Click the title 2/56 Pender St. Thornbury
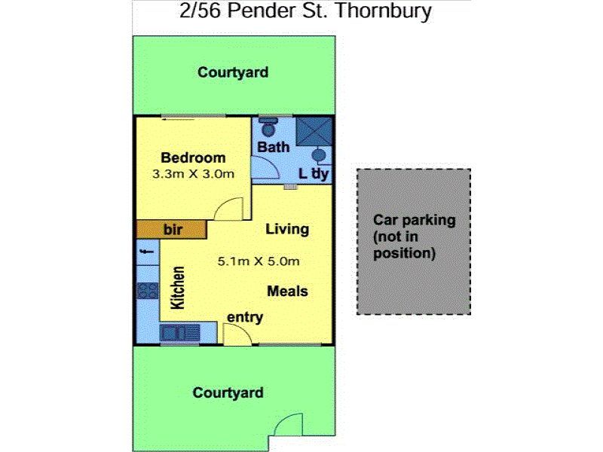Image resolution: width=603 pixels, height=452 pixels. point(305,11)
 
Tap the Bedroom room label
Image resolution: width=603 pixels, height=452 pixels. point(193,157)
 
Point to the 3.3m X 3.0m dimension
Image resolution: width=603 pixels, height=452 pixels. point(193,174)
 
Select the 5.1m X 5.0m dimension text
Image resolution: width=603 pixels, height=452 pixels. point(259,261)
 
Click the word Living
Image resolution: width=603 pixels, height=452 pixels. point(287,229)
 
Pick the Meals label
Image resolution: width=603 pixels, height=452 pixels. point(287,291)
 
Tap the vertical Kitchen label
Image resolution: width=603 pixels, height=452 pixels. point(178,288)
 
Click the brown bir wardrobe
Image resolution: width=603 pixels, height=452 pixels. point(172,230)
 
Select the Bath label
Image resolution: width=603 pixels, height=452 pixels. point(273,147)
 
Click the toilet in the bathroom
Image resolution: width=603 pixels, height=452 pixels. point(268,127)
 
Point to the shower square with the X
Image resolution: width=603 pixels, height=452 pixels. point(314,131)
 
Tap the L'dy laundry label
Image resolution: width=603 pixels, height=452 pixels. point(314,174)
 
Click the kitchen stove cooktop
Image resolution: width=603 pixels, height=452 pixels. point(147,291)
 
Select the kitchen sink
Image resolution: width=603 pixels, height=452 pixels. point(179,333)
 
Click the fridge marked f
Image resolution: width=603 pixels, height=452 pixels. point(148,252)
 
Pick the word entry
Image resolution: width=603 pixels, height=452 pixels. point(244,317)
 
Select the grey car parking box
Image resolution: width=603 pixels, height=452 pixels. point(414,242)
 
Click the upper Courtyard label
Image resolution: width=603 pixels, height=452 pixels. point(233,72)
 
